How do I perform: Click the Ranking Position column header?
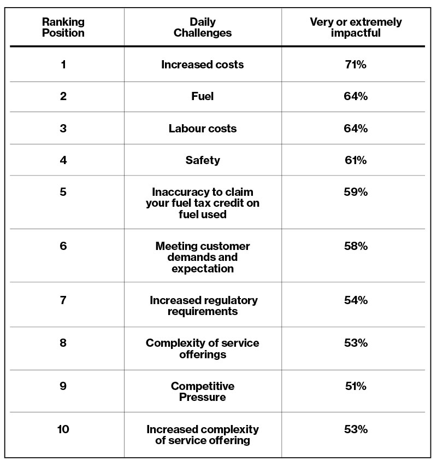(x=63, y=27)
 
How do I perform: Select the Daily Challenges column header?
(x=203, y=27)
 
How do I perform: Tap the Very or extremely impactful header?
(x=356, y=27)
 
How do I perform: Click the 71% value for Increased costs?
(x=356, y=65)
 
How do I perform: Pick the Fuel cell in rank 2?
(x=203, y=96)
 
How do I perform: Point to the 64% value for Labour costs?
(x=356, y=129)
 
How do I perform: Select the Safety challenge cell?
(x=203, y=160)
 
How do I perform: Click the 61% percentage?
(x=356, y=160)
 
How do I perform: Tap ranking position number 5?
(x=63, y=192)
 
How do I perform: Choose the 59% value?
(x=356, y=192)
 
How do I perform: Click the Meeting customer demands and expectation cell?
(x=203, y=258)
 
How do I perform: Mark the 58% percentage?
(x=356, y=246)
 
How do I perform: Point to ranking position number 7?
(x=63, y=300)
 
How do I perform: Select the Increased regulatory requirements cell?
(x=203, y=306)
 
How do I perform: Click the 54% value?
(x=356, y=300)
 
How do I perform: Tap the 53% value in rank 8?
(x=356, y=343)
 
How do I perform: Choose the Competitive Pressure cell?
(x=203, y=392)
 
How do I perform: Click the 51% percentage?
(x=356, y=386)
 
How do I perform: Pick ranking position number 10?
(x=63, y=429)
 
